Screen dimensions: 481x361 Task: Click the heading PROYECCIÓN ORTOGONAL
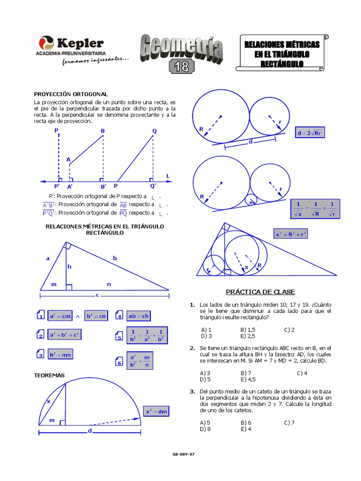tap(71, 94)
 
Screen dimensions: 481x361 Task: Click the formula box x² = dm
tap(156, 411)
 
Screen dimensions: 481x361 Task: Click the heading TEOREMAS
tap(49, 375)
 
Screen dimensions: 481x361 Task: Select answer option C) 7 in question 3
tap(289, 422)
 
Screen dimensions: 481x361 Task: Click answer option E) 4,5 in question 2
tap(248, 379)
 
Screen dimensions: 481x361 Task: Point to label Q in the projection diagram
tap(154, 131)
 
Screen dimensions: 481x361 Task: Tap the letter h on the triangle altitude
tap(69, 267)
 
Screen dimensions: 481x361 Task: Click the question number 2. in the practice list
tap(192, 348)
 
